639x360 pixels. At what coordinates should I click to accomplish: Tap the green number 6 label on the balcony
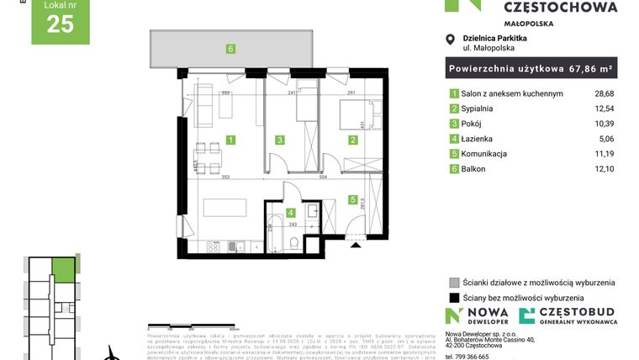point(230,49)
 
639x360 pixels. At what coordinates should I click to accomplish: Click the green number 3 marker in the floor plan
point(281,140)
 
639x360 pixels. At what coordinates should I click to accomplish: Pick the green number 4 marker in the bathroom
point(291,213)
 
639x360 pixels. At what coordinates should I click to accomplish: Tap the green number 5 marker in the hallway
point(354,199)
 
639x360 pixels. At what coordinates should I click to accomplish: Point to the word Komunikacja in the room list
point(488,154)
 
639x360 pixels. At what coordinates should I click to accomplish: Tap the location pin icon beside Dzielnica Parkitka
point(452,39)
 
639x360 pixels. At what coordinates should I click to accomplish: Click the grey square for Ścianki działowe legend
point(454,283)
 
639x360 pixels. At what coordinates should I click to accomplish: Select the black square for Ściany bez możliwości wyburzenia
point(454,297)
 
